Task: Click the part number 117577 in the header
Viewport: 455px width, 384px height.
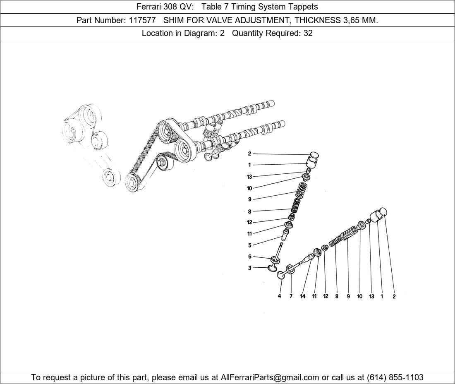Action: pyautogui.click(x=142, y=20)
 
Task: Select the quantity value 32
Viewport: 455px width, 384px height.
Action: pyautogui.click(x=308, y=34)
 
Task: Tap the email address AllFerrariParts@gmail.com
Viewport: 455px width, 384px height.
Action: pyautogui.click(x=270, y=377)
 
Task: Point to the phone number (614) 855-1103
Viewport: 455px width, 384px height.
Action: pyautogui.click(x=395, y=377)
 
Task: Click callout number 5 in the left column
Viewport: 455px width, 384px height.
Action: pyautogui.click(x=249, y=245)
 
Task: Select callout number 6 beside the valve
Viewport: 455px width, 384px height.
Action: pyautogui.click(x=249, y=257)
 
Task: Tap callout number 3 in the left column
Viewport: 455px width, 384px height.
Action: pyautogui.click(x=249, y=268)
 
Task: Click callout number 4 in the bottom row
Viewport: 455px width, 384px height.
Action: pyautogui.click(x=279, y=296)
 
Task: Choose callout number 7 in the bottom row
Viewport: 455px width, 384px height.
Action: pyautogui.click(x=291, y=296)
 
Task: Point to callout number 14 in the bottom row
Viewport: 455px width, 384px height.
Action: pyautogui.click(x=303, y=296)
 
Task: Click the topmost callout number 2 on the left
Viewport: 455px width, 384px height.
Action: pyautogui.click(x=249, y=154)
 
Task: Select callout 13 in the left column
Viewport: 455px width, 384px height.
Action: pyautogui.click(x=249, y=177)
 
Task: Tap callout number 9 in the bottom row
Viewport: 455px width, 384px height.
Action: pyautogui.click(x=348, y=296)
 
